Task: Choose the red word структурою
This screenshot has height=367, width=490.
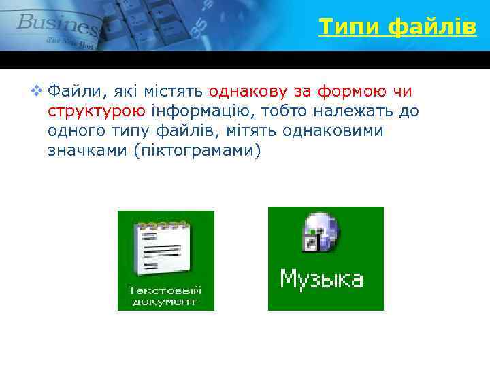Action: coord(96,111)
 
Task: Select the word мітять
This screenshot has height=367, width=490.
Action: coord(255,130)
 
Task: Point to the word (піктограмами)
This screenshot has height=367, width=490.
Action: coord(197,150)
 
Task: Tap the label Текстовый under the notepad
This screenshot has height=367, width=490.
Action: coord(165,290)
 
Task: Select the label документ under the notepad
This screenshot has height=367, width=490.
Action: coord(165,302)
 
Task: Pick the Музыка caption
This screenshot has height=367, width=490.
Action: coord(322,279)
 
